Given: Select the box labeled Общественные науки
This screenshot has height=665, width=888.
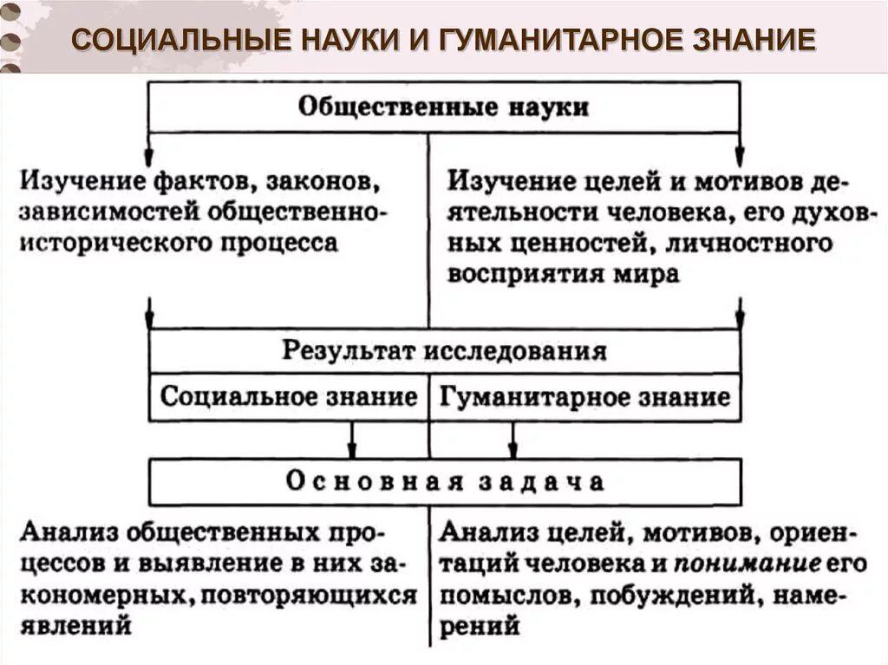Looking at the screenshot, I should tap(444, 108).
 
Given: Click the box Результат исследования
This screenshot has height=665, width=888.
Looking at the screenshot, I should tap(444, 351).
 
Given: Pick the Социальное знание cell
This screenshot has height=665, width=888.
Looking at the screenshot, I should tap(289, 398).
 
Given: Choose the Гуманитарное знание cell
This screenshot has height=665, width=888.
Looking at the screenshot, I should tap(584, 398).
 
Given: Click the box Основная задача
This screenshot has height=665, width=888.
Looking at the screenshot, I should tap(444, 482).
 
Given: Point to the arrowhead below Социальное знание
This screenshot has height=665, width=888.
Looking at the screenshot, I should tap(351, 449).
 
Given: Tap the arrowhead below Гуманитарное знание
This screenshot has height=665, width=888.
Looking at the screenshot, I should tap(513, 449).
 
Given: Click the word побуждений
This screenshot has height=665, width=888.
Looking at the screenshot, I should tap(670, 596).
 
